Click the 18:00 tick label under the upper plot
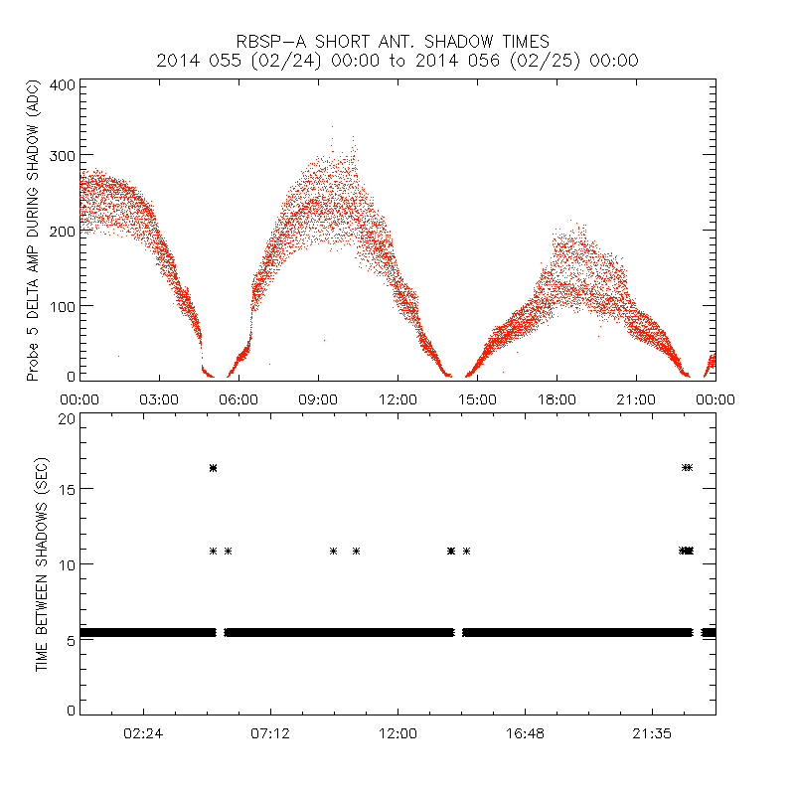556,399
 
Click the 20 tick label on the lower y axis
66,418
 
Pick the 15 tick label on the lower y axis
66,489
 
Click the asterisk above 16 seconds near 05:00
213,467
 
